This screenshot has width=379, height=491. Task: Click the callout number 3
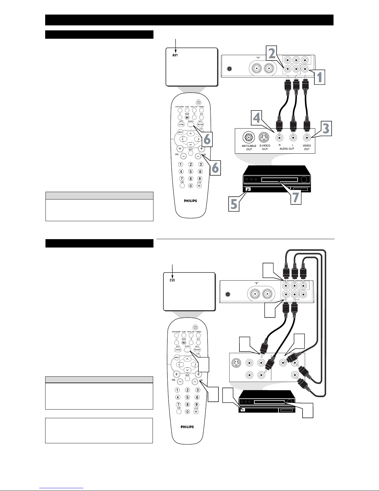pos(325,128)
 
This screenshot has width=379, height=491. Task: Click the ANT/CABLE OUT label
pos(249,147)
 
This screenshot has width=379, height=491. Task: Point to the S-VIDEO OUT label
pos(265,147)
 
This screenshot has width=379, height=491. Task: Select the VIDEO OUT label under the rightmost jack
pos(307,147)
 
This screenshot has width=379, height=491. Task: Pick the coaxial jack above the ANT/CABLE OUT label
pos(248,137)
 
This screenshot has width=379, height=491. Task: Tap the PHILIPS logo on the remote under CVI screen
pos(187,427)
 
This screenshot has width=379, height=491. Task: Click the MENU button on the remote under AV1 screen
pos(180,132)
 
